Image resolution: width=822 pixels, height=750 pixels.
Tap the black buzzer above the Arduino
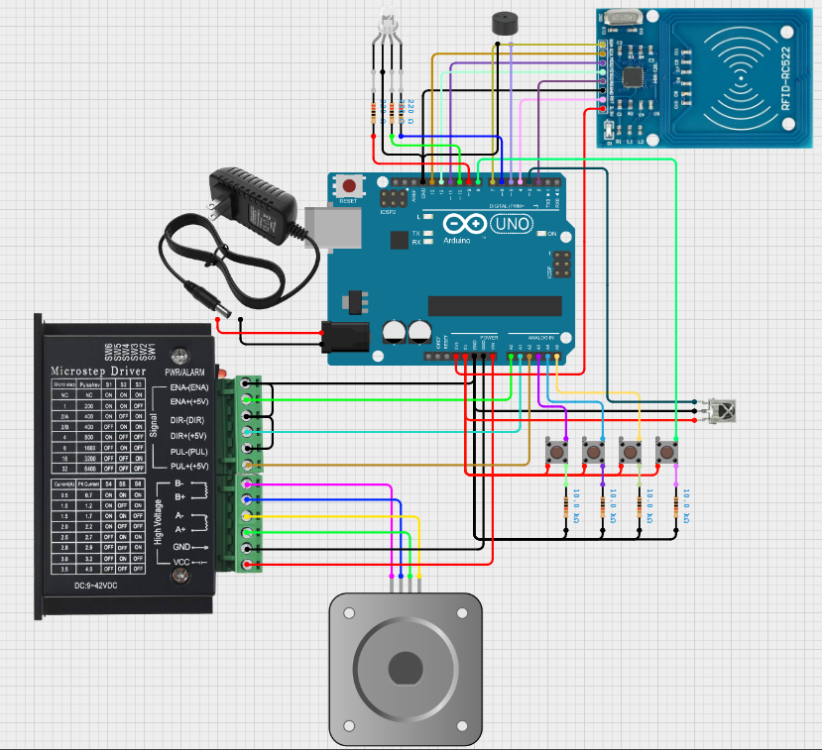[x=506, y=25]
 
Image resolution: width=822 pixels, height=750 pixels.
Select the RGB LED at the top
[x=387, y=26]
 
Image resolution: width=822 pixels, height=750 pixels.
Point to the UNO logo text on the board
[x=511, y=224]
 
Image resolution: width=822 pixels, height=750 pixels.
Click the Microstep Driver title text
[x=97, y=372]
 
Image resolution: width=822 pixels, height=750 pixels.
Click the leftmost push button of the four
[x=557, y=452]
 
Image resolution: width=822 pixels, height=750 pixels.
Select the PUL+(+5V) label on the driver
[x=189, y=465]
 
